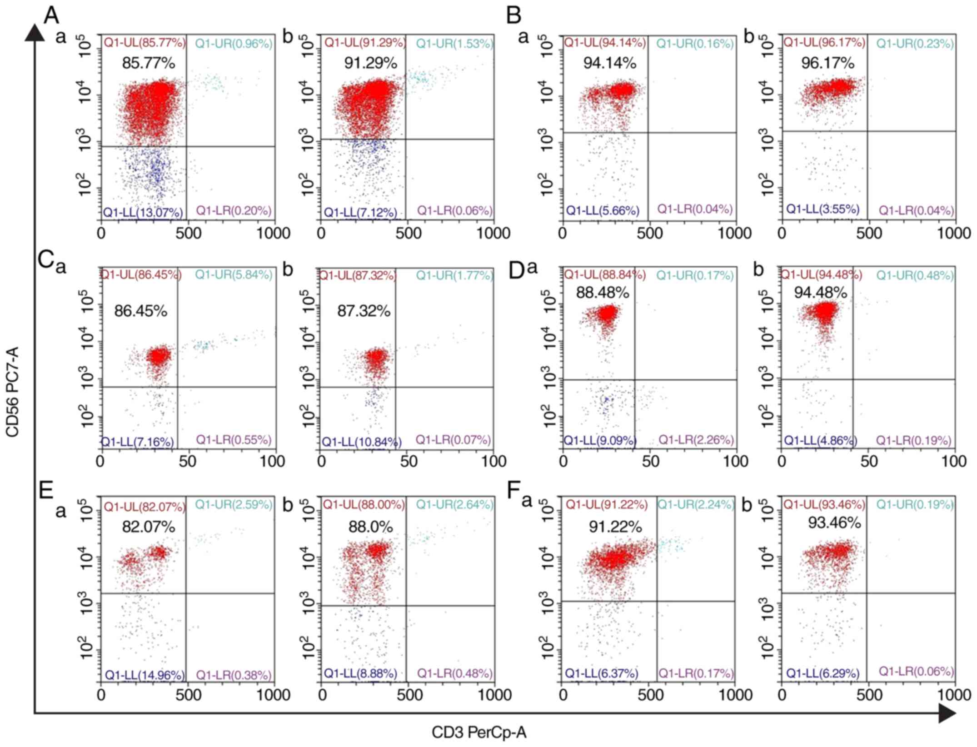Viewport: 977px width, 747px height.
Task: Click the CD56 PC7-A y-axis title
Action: point(12,391)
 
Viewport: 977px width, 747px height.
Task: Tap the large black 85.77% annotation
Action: point(148,63)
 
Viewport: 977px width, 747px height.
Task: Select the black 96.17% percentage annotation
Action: point(827,63)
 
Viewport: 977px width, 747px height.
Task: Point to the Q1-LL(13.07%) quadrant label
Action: point(143,212)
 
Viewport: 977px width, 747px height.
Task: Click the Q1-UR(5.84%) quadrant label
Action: point(234,274)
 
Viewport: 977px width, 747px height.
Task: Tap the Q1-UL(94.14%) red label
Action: point(605,43)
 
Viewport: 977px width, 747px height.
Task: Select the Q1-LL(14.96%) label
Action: point(145,675)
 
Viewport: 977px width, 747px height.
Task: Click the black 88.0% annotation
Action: point(370,527)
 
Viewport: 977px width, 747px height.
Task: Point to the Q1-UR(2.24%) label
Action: point(696,504)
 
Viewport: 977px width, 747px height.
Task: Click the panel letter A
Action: point(51,16)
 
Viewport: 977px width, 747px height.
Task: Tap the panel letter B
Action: point(513,16)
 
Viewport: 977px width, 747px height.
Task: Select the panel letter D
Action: point(517,271)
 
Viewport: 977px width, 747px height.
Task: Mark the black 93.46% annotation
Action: point(834,523)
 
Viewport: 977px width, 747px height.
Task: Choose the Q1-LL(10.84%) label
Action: point(362,442)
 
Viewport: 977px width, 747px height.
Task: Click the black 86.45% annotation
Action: point(140,311)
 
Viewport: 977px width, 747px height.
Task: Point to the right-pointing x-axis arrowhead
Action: point(947,713)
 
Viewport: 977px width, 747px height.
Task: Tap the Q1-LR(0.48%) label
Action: point(455,673)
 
